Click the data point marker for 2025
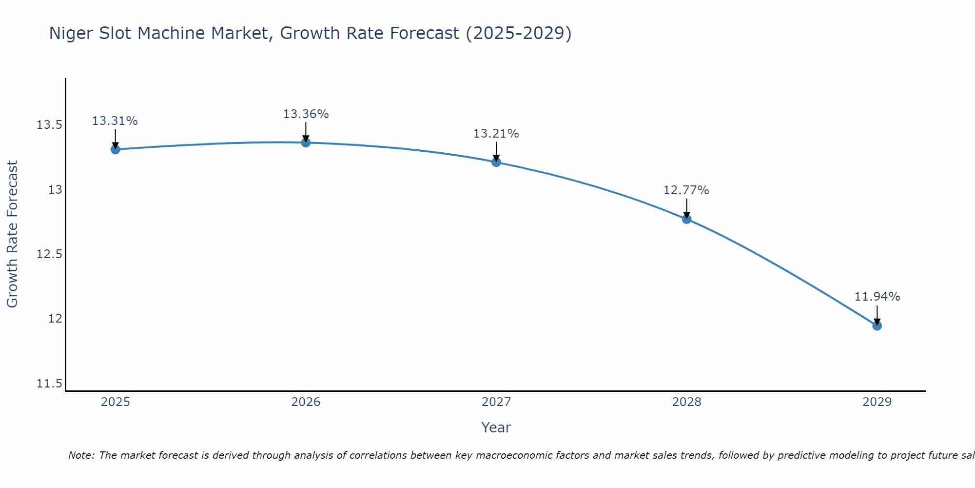(116, 149)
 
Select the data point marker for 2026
(306, 142)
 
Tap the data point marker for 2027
(496, 162)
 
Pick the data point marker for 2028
(686, 219)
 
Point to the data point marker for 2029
(877, 325)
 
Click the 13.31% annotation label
(115, 121)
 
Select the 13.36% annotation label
(306, 114)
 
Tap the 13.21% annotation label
(496, 134)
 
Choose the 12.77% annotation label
(686, 190)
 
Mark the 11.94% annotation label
(877, 297)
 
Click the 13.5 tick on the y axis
(49, 125)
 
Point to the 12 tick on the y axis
(55, 319)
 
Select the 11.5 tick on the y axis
(49, 384)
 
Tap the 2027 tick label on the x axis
(496, 402)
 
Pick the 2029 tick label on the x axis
(877, 402)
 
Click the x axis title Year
(496, 427)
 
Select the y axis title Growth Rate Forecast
(12, 234)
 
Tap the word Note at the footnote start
(81, 455)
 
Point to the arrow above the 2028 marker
(686, 208)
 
